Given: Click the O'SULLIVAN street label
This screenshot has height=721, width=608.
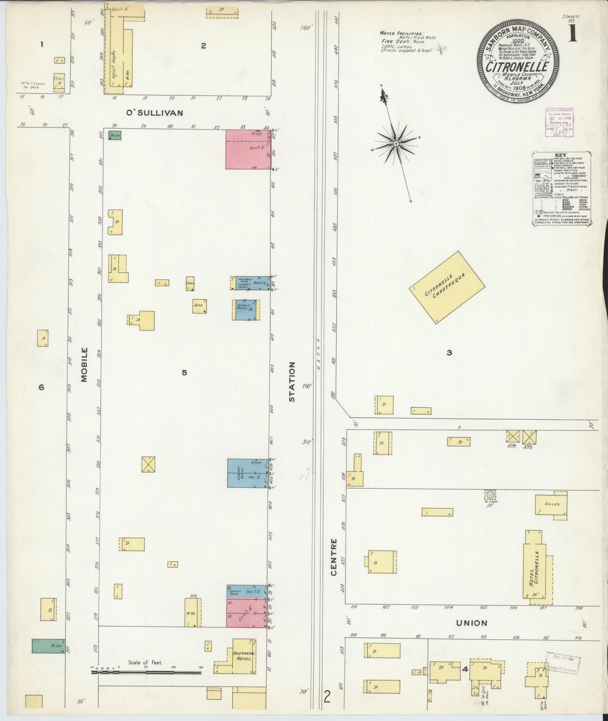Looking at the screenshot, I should [x=154, y=113].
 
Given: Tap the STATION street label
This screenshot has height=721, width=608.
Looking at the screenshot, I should [x=292, y=381].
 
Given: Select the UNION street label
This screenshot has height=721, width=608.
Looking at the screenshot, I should [x=472, y=623].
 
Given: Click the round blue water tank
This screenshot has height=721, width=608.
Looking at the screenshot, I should [x=490, y=494].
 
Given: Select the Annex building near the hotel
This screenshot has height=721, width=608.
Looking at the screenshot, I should [x=551, y=505].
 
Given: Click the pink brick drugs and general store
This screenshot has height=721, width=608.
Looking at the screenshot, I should [x=248, y=149].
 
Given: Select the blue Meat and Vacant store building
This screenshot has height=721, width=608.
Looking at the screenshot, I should [x=248, y=473].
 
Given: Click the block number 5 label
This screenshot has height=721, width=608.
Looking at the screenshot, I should [x=184, y=373].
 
